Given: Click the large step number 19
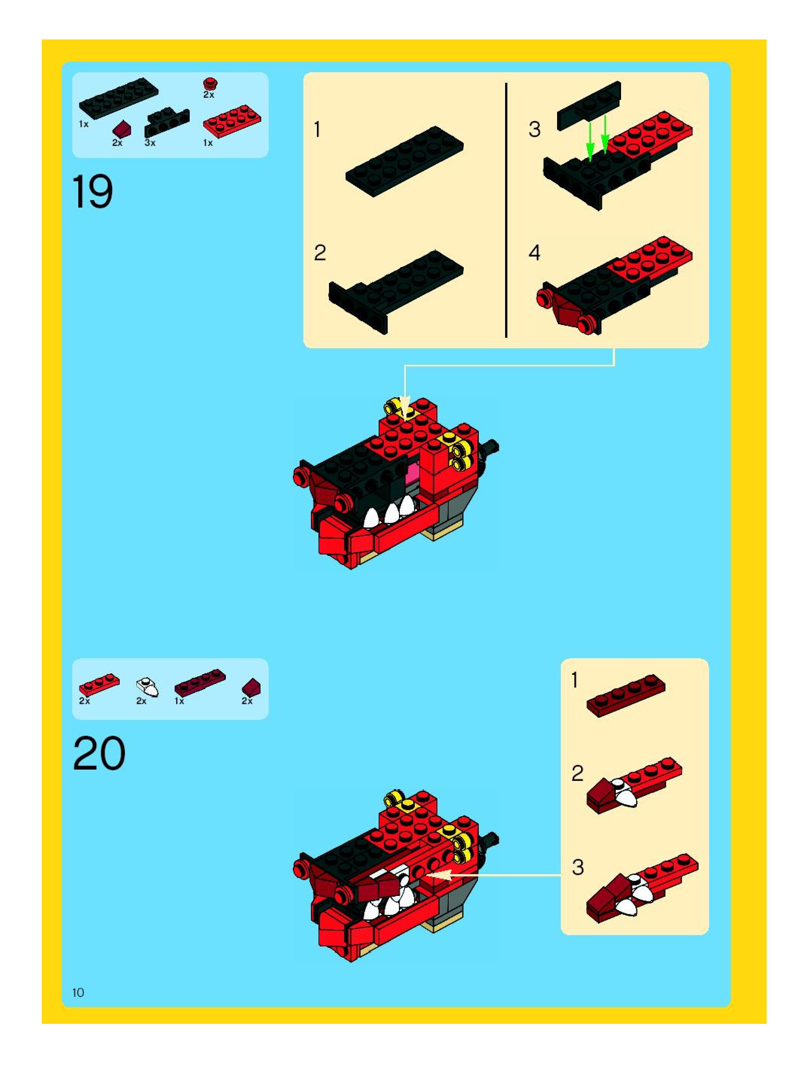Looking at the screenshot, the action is click(x=93, y=192).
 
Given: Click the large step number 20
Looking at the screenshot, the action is click(x=99, y=753).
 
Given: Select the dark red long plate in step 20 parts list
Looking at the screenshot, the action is click(x=200, y=682).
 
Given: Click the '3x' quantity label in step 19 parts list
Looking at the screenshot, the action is click(x=150, y=143).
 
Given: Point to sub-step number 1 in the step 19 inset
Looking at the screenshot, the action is click(x=317, y=129).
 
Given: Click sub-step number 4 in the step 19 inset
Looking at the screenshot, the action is click(x=534, y=252).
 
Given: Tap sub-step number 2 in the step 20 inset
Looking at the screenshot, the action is click(x=577, y=774).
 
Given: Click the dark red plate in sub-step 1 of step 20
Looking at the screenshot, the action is click(x=626, y=695).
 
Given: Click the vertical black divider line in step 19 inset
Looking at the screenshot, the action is click(x=506, y=210).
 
